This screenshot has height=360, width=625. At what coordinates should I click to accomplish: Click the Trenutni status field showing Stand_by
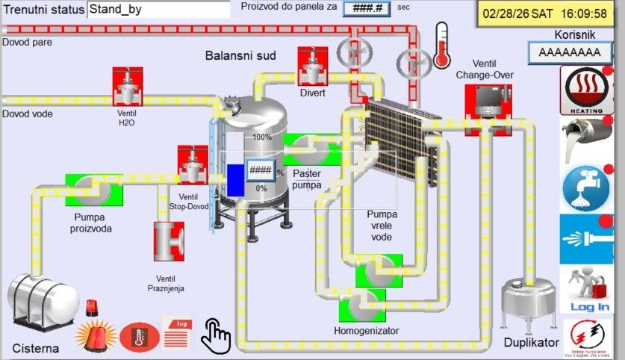[158, 10]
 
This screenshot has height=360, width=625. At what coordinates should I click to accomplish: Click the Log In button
[588, 291]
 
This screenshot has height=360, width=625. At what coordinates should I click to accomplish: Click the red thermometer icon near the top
[441, 46]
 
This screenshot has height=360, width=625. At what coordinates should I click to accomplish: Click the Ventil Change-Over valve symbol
[484, 101]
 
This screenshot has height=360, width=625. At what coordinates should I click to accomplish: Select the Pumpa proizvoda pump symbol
[94, 190]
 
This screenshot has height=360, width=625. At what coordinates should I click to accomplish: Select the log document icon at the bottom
[178, 332]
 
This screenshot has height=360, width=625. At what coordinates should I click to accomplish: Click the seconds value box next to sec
[361, 8]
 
